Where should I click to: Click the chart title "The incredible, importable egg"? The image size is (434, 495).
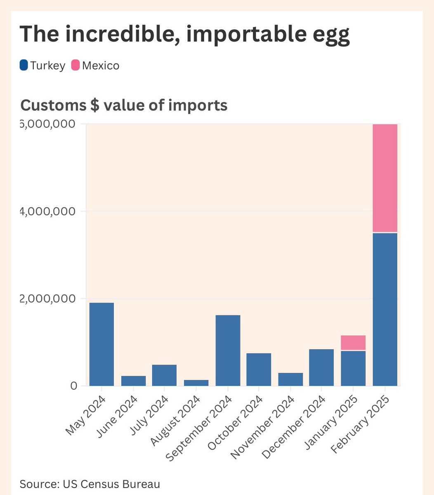tap(185, 34)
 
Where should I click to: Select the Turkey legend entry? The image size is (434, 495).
tap(42, 66)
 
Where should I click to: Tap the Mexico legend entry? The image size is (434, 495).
tap(95, 66)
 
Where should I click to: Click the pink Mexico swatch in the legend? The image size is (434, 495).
tap(75, 65)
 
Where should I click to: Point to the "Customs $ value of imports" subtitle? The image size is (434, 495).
tap(124, 105)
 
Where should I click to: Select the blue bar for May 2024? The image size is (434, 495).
tap(101, 344)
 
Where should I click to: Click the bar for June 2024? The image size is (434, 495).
tap(133, 381)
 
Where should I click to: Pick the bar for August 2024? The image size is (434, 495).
tap(196, 383)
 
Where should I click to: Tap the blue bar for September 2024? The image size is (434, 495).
tap(228, 351)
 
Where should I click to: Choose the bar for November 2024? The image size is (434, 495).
tap(290, 379)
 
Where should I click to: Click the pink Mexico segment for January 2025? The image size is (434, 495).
tap(353, 343)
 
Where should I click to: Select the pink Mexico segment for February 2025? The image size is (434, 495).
tap(384, 178)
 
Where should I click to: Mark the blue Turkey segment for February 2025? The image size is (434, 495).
tap(384, 310)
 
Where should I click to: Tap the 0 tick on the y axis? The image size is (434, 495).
tap(73, 386)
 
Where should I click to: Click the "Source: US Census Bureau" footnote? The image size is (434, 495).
tap(90, 483)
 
